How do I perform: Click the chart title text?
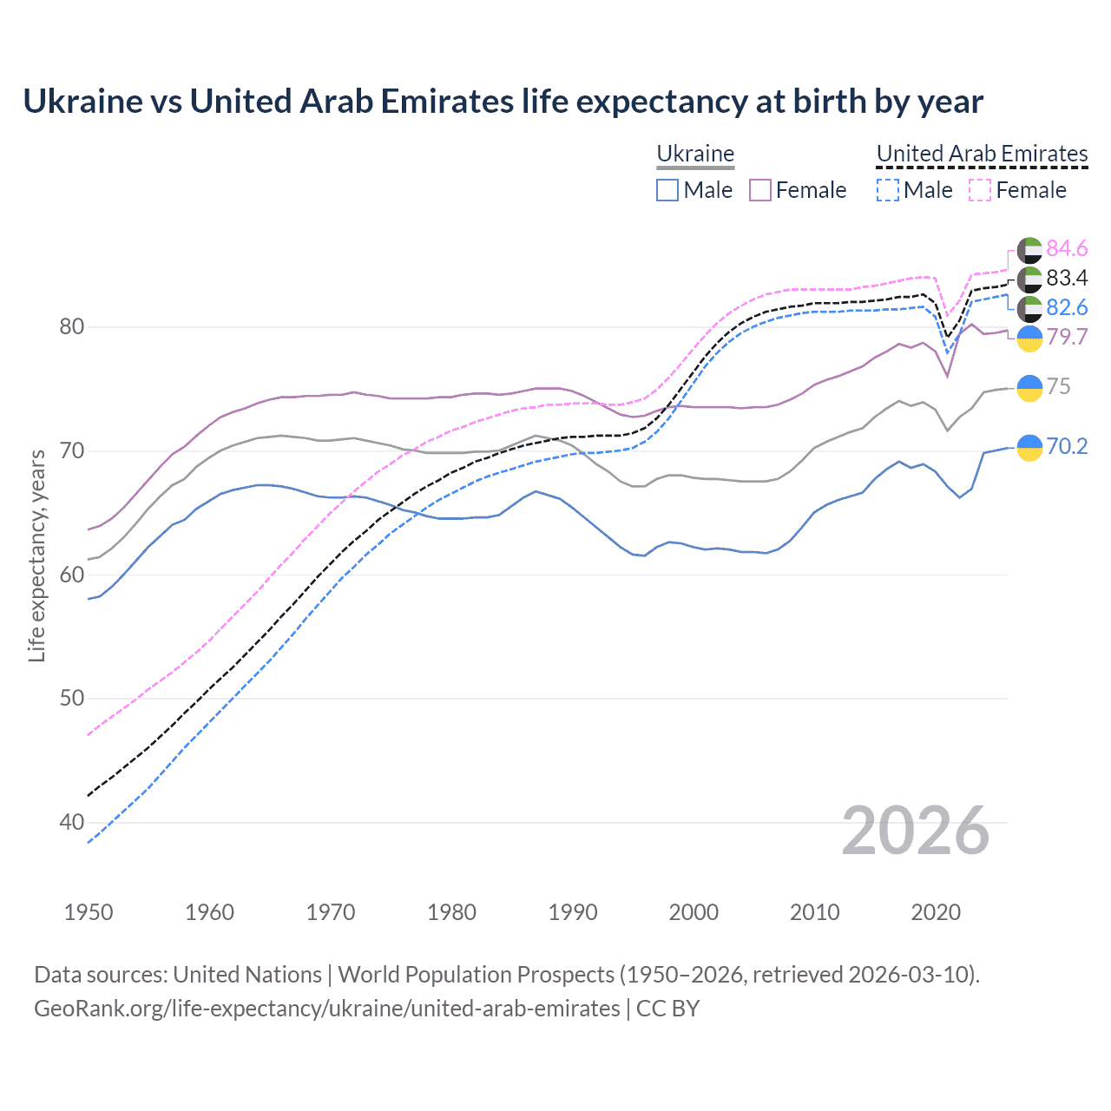(503, 102)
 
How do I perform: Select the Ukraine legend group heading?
(695, 154)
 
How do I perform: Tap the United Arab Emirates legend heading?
(982, 154)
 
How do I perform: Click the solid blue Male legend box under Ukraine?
(667, 190)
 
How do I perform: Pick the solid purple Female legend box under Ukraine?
(760, 190)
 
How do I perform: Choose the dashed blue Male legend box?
(887, 190)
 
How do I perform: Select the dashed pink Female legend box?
(980, 190)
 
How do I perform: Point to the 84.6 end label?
(1067, 249)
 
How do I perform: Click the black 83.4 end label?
(1067, 278)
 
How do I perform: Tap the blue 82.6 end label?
(1067, 307)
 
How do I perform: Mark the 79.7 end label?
(1067, 337)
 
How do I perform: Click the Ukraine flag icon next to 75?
(1029, 387)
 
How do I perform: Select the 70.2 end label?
(1067, 446)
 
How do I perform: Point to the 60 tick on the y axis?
(71, 575)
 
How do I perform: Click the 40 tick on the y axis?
(71, 822)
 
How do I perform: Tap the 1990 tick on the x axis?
(573, 912)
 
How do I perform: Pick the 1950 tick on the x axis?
(89, 912)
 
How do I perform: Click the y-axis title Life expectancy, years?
(37, 555)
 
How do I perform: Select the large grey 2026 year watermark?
(916, 831)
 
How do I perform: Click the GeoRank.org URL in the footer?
(326, 1009)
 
